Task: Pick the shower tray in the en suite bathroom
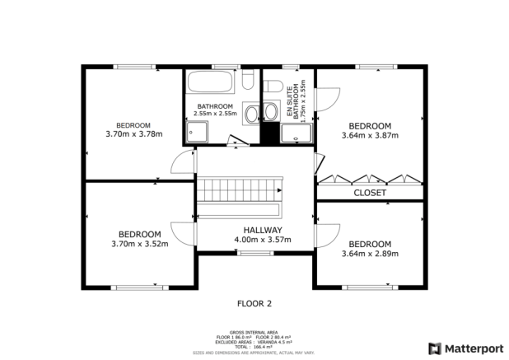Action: click(293, 133)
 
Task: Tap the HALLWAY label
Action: click(263, 230)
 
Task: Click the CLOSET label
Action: click(370, 193)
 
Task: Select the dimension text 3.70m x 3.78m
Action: click(134, 134)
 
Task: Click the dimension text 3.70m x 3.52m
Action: click(139, 243)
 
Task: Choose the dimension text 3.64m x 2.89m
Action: click(369, 254)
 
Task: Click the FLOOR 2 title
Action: click(254, 303)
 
